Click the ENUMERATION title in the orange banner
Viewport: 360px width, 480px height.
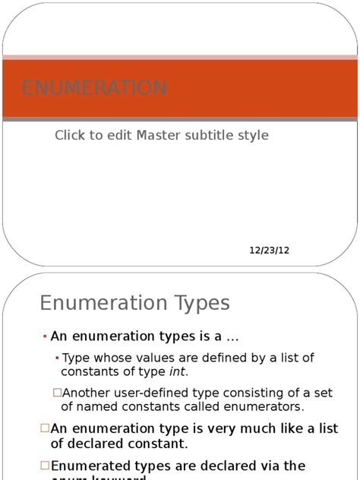94,88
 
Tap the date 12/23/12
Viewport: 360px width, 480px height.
270,251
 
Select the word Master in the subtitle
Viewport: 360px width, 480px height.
156,135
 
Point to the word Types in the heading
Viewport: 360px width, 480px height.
200,303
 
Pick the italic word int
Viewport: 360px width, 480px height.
178,371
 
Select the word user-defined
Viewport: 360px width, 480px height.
144,393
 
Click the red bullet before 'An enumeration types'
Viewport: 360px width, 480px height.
45,336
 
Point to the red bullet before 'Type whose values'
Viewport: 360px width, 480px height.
58,358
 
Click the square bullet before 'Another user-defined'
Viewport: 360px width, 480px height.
57,393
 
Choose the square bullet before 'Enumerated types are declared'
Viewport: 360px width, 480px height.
45,465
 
